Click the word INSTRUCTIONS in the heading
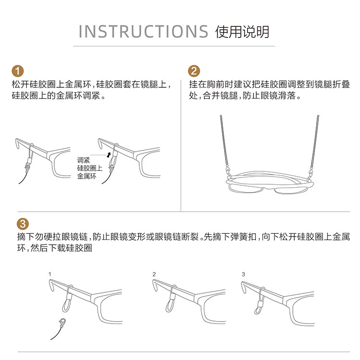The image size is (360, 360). pyautogui.click(x=144, y=32)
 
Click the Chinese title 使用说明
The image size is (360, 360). pyautogui.click(x=242, y=32)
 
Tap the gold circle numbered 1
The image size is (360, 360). pyautogui.click(x=18, y=71)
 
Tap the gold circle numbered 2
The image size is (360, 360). pyautogui.click(x=194, y=71)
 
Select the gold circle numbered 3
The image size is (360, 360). pyautogui.click(x=23, y=224)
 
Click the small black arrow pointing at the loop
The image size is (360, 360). pyautogui.click(x=109, y=155)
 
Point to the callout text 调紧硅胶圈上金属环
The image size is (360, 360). pyautogui.click(x=90, y=168)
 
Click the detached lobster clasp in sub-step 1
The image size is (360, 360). pyautogui.click(x=62, y=323)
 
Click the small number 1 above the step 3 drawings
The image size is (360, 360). pyautogui.click(x=50, y=274)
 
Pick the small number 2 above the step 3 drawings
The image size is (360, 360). pyautogui.click(x=154, y=274)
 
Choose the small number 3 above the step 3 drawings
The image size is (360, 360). pyautogui.click(x=243, y=274)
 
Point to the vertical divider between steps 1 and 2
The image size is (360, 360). pyautogui.click(x=181, y=145)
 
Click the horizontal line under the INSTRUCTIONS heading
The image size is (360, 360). pyautogui.click(x=174, y=46)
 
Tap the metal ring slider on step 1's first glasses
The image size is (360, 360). pyautogui.click(x=29, y=160)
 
